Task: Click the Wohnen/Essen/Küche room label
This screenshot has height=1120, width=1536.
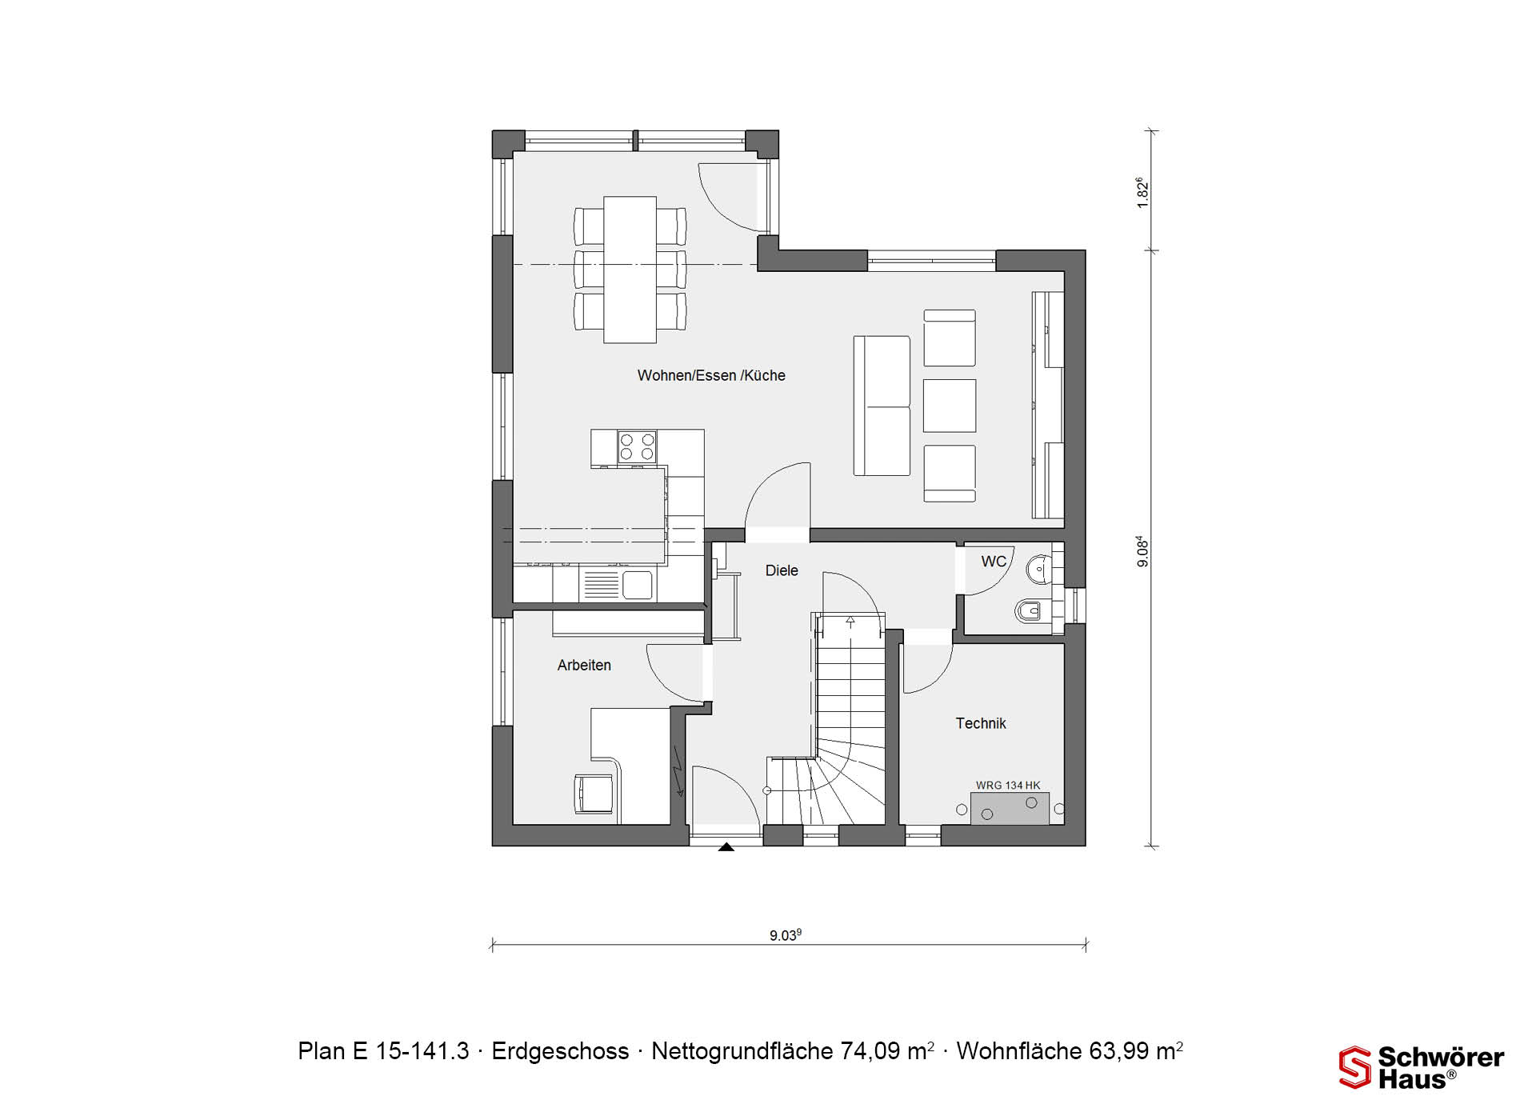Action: [x=711, y=375]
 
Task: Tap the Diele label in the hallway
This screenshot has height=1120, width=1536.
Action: [x=782, y=570]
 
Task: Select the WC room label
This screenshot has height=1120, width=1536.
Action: [x=994, y=562]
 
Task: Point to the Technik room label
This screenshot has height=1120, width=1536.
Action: [x=981, y=723]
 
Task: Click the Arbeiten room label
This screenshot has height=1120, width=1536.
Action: [x=584, y=665]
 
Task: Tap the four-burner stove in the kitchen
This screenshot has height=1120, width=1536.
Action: [x=637, y=446]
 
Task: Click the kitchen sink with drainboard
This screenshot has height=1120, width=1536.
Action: [x=617, y=584]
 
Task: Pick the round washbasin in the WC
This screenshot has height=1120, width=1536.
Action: [x=1038, y=570]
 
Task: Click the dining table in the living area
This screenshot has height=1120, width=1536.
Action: [x=630, y=270]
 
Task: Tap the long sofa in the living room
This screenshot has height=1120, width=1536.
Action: [x=882, y=406]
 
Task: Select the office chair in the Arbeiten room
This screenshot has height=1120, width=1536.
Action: [x=595, y=794]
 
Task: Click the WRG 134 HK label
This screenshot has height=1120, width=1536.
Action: [x=1008, y=786]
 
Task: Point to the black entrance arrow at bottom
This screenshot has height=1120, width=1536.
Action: [x=726, y=846]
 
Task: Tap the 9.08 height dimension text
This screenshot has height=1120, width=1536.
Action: [x=1142, y=552]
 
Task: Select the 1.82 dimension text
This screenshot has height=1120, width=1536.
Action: [x=1142, y=193]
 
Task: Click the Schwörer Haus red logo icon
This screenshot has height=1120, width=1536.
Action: [x=1355, y=1067]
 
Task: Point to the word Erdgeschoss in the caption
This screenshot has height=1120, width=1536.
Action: [x=560, y=1051]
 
